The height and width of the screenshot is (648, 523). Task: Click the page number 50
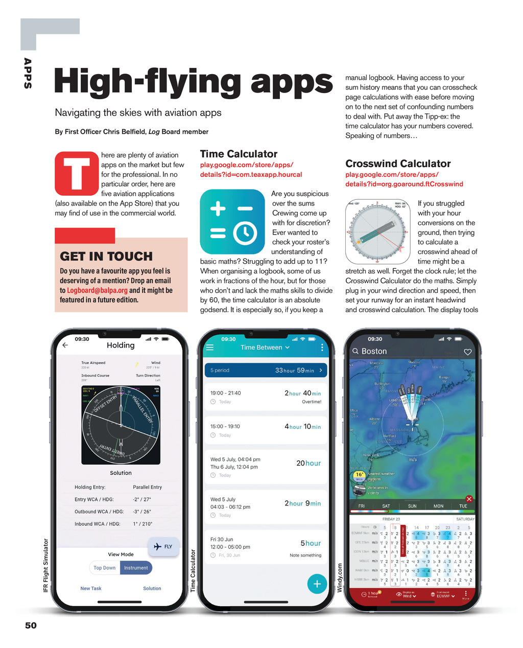[31, 626]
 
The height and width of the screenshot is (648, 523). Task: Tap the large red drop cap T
[77, 174]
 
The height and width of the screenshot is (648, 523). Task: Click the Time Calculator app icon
[232, 222]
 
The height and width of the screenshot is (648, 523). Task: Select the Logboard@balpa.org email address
[97, 290]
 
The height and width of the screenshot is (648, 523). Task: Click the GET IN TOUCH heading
[106, 256]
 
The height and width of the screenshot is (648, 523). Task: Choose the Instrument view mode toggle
[136, 568]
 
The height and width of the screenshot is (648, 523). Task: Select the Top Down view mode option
[105, 568]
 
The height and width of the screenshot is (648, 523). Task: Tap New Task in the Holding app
[91, 588]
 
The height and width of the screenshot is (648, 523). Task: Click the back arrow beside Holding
[65, 345]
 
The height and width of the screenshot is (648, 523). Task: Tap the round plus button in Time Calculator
[317, 584]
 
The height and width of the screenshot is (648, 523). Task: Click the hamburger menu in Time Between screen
[209, 348]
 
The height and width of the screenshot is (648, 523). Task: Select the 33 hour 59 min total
[295, 371]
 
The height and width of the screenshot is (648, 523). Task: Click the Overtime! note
[312, 402]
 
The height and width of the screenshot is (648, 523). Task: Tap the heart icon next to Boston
[467, 352]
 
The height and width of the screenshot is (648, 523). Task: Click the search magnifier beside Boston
[355, 352]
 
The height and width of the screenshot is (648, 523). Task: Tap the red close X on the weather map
[469, 499]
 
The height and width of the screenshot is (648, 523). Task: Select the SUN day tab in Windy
[412, 506]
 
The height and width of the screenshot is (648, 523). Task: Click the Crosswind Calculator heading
[398, 164]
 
